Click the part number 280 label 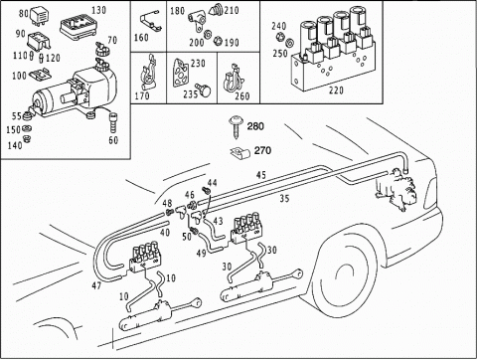point(255,126)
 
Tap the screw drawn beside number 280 point(238,125)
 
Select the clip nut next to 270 point(240,152)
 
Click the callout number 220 point(336,90)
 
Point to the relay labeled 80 point(39,16)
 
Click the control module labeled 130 point(79,27)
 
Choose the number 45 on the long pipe point(261,175)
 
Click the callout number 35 point(284,199)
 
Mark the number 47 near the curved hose point(96,285)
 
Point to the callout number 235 point(191,94)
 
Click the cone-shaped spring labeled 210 point(216,10)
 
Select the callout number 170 point(142,96)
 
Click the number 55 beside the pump point(17,116)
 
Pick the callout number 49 point(202,254)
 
